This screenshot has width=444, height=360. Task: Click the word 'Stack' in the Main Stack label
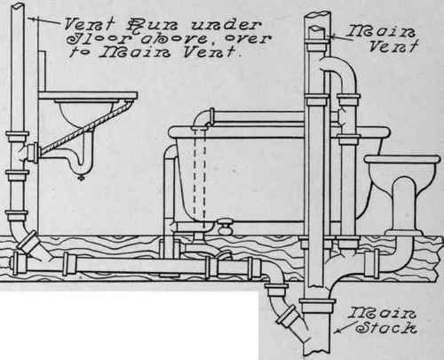[386, 327]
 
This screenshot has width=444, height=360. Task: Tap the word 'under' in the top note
[226, 25]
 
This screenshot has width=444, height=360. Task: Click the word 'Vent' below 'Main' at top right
[393, 46]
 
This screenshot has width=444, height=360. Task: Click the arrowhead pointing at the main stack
[337, 331]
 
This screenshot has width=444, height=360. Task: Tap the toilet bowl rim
[402, 159]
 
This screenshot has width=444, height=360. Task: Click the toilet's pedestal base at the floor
[403, 233]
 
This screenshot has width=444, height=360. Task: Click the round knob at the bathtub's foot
[226, 228]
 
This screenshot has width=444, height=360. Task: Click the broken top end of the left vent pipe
[17, 6]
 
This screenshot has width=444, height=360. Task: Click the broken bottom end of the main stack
[317, 354]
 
